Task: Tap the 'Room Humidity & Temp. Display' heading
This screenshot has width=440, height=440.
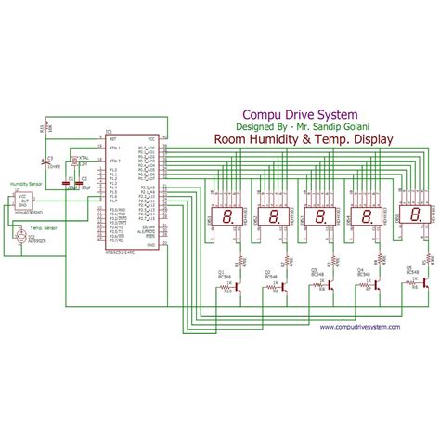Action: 304,140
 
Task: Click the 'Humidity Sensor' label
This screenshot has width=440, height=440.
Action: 27,185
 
